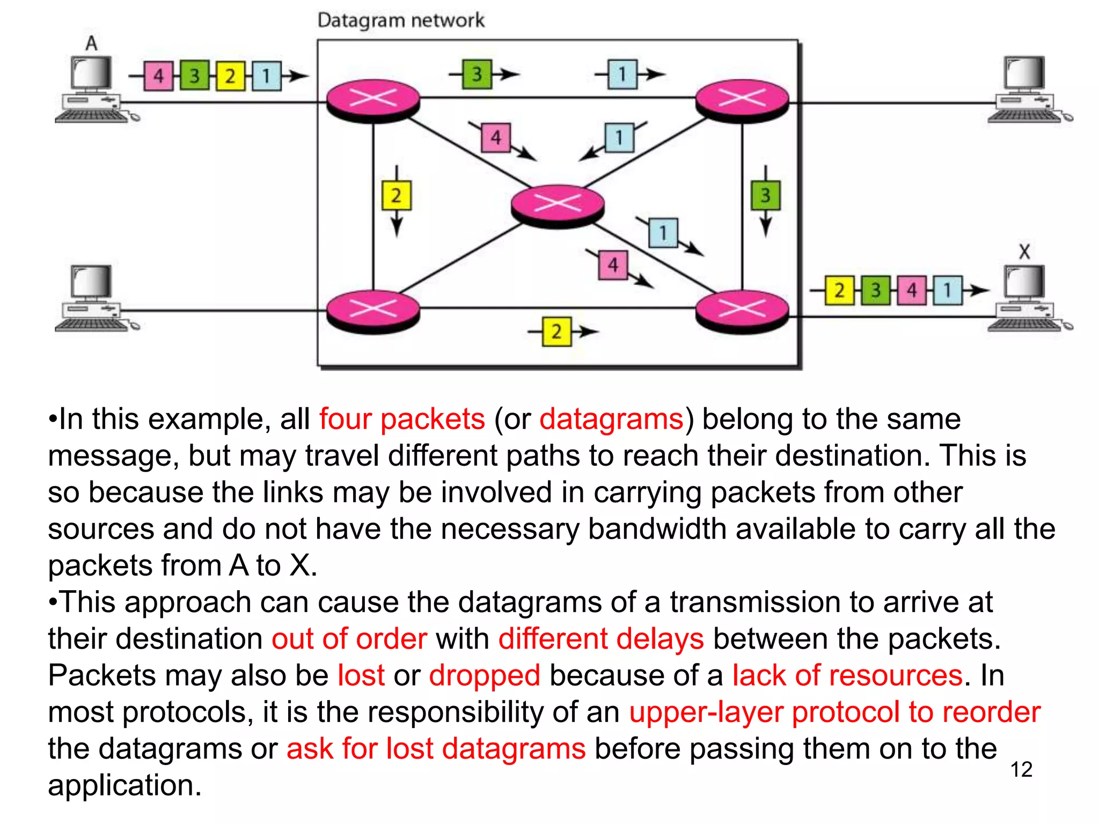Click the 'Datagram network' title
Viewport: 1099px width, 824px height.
pos(400,20)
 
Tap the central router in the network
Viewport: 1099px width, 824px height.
pos(558,205)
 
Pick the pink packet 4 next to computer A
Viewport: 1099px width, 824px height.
pos(159,76)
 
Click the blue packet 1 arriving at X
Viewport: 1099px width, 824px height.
pos(947,290)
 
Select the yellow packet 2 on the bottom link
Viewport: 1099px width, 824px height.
pos(556,332)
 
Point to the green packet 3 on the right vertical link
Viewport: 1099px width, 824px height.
pos(765,195)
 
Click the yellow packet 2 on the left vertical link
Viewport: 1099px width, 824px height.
pos(396,195)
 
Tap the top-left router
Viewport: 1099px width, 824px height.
pos(373,101)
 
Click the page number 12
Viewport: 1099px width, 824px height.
pos(1021,769)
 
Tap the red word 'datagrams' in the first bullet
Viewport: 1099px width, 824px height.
pos(611,419)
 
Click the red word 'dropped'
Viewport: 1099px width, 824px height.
pos(484,675)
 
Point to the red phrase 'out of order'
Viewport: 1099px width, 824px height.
pos(349,638)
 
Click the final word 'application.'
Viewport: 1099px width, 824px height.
pos(124,785)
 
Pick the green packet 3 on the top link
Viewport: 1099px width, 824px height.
pos(477,74)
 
